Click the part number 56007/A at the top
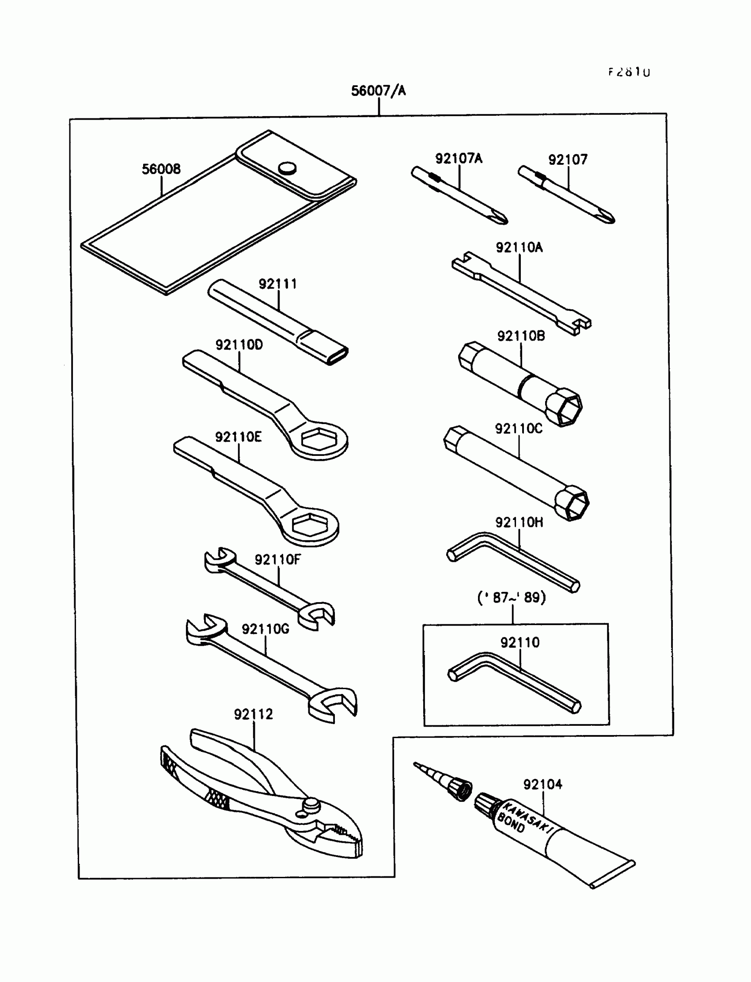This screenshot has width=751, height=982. pos(378,91)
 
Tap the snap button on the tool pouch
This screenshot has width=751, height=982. pos(287,168)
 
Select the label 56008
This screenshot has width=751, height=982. pos(161,169)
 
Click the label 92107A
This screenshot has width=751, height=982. pos(459,158)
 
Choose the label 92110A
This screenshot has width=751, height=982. pos(519,247)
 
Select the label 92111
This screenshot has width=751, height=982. pos(277,284)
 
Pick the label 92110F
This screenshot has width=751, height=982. pos(277,559)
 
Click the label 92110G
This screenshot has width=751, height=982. pos(265,629)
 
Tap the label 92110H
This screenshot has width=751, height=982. pos(519,522)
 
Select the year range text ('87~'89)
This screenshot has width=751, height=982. pos(512,598)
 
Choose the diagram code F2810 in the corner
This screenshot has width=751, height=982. pos(629,72)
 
